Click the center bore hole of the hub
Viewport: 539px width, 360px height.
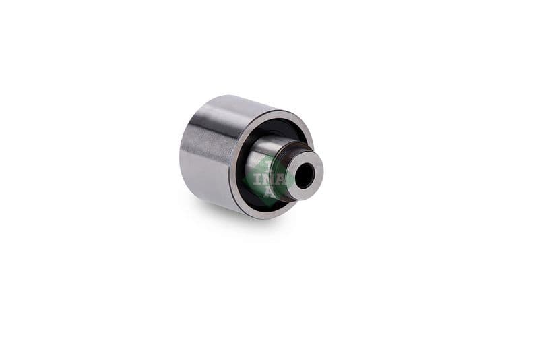pos(305,176)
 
